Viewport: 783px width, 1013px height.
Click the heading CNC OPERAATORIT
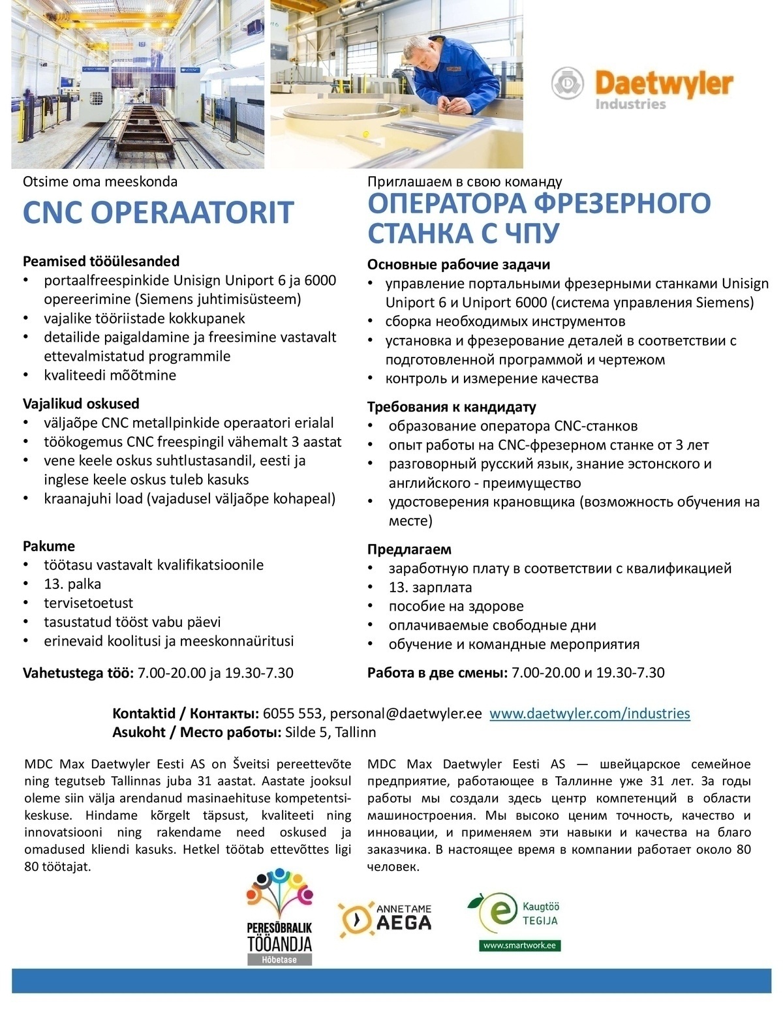[159, 213]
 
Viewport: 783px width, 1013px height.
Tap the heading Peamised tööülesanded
[101, 262]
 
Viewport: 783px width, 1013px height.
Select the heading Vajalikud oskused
[81, 404]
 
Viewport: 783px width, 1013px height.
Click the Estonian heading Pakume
[49, 546]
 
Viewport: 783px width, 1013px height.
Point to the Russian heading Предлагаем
[409, 549]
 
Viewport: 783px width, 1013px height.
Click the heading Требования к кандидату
[452, 407]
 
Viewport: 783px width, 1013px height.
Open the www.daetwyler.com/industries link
[589, 714]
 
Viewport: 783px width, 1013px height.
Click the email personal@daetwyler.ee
[406, 714]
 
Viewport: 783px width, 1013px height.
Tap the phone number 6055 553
[293, 714]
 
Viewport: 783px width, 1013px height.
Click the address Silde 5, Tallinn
[331, 733]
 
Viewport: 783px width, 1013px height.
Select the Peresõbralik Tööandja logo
[280, 916]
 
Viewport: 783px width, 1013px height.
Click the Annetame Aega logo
[384, 920]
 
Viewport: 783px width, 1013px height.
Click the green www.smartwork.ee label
[520, 945]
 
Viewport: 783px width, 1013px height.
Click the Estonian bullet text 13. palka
[72, 584]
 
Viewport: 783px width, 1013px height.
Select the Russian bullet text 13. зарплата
[430, 587]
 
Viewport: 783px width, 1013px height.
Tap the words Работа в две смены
[437, 673]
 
